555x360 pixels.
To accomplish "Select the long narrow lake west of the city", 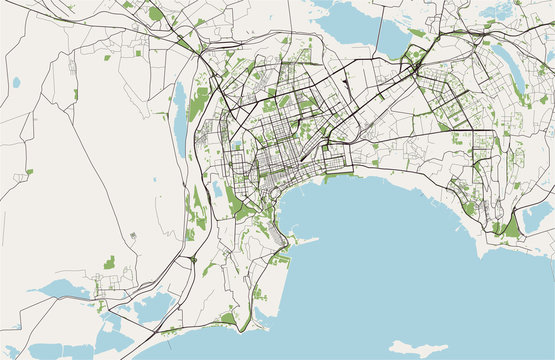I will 179,108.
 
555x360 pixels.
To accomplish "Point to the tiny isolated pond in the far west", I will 17,82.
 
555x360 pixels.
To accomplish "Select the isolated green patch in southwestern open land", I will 108,263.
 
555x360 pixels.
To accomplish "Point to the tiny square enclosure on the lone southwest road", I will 134,236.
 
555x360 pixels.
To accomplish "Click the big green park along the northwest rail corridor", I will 156,14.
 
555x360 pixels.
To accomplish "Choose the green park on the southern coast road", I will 229,319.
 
